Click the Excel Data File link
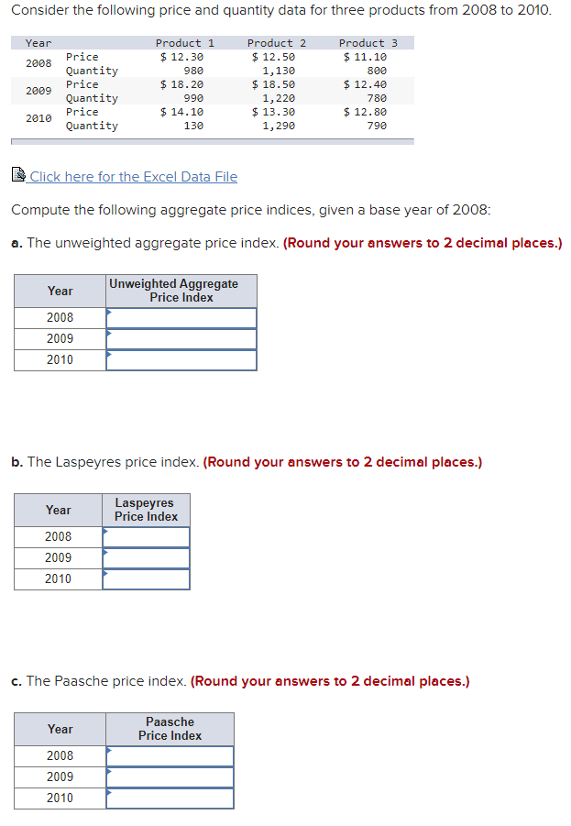133,177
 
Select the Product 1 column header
184,43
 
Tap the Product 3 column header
368,43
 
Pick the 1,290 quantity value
279,126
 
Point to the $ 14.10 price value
181,112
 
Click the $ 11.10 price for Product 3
365,57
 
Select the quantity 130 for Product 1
193,126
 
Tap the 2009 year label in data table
38,91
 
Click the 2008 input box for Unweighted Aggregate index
181,318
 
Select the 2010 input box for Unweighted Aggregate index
181,360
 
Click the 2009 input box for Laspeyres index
147,558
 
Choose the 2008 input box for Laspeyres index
147,537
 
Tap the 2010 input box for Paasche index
170,798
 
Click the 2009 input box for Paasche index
170,777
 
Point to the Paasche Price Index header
170,729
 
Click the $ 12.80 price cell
365,112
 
